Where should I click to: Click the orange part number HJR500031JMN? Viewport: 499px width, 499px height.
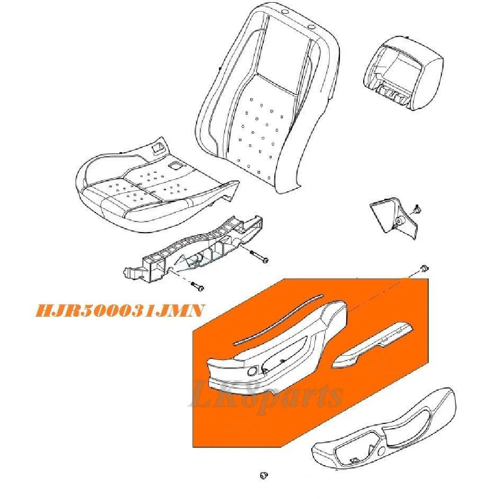119,311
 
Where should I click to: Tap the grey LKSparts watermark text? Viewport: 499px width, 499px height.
267,395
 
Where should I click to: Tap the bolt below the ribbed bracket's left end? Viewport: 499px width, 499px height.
197,285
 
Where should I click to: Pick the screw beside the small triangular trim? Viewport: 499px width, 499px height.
417,209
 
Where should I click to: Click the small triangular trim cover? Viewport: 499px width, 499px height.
394,218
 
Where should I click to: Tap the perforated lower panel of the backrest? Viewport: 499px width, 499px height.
258,134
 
